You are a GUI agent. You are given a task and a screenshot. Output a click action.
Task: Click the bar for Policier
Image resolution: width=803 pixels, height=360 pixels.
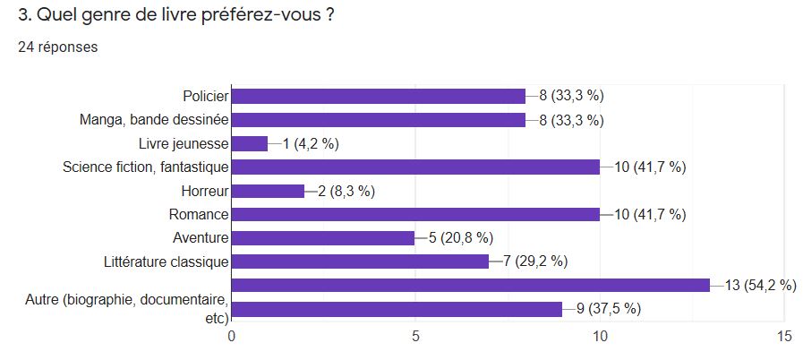pos(379,96)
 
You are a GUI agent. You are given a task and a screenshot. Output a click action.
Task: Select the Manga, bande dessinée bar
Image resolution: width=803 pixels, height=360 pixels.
pos(379,120)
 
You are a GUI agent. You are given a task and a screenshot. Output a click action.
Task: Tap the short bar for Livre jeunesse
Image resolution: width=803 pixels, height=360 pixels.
pos(250,143)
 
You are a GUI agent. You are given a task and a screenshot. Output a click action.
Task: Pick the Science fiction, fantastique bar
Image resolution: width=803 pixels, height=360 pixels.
pos(415,167)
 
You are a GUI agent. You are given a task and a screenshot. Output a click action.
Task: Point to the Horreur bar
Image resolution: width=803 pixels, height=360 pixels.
pos(269,191)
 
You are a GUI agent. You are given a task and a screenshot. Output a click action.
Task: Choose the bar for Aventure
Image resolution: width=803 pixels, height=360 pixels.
pos(323,238)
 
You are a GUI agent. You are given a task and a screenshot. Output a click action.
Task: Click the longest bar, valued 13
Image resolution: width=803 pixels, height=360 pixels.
pos(471,286)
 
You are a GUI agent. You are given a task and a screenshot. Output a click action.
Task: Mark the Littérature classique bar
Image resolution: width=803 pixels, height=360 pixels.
pos(360,261)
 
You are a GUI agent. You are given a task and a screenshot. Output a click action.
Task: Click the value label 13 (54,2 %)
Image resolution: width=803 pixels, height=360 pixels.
pos(760,286)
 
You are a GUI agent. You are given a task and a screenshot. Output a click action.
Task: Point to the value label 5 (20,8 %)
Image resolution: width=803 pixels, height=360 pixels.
pos(462,238)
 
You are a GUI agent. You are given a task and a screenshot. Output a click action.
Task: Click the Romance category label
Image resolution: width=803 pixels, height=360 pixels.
pos(199,214)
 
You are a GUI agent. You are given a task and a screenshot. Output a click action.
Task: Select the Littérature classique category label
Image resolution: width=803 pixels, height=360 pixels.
pos(167,261)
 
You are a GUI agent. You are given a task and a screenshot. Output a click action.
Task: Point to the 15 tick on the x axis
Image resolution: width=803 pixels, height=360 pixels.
pos(784,337)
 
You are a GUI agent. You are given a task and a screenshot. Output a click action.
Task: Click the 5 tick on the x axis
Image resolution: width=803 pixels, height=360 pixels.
pos(416,337)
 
